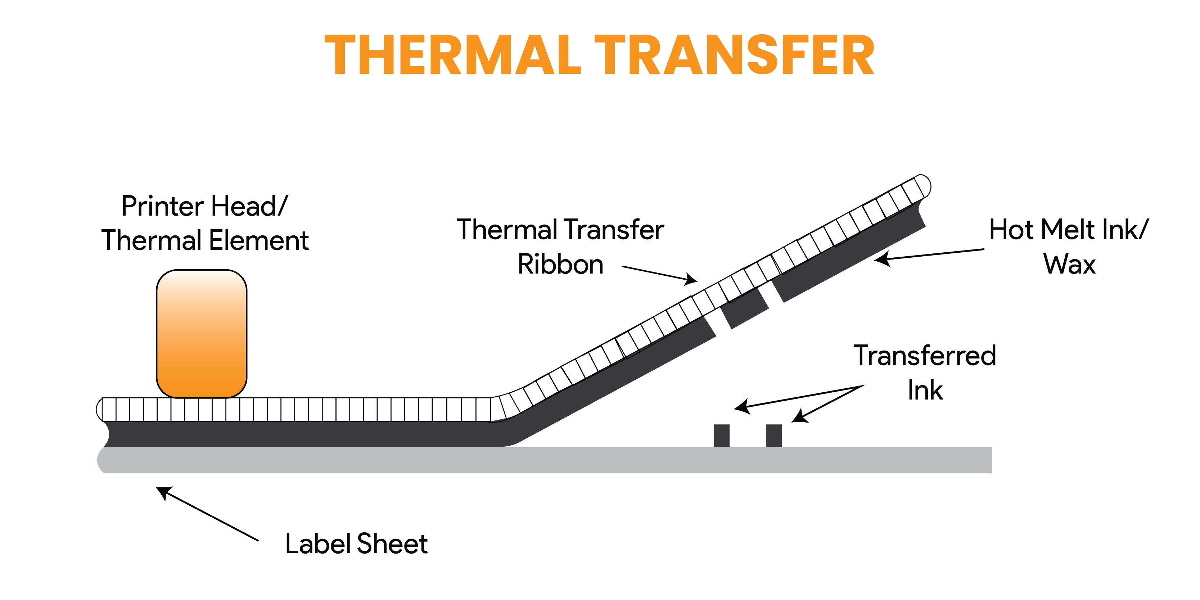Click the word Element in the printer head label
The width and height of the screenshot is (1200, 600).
[x=258, y=240]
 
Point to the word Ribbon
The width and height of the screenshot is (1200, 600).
[x=560, y=264]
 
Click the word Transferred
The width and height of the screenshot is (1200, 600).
[x=925, y=356]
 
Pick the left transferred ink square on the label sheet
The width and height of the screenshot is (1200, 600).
[x=722, y=435]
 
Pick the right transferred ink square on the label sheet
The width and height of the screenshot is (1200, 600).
[x=774, y=435]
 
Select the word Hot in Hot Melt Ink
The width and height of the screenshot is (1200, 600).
[x=1012, y=230]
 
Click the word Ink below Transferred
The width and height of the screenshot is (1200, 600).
[x=925, y=391]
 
